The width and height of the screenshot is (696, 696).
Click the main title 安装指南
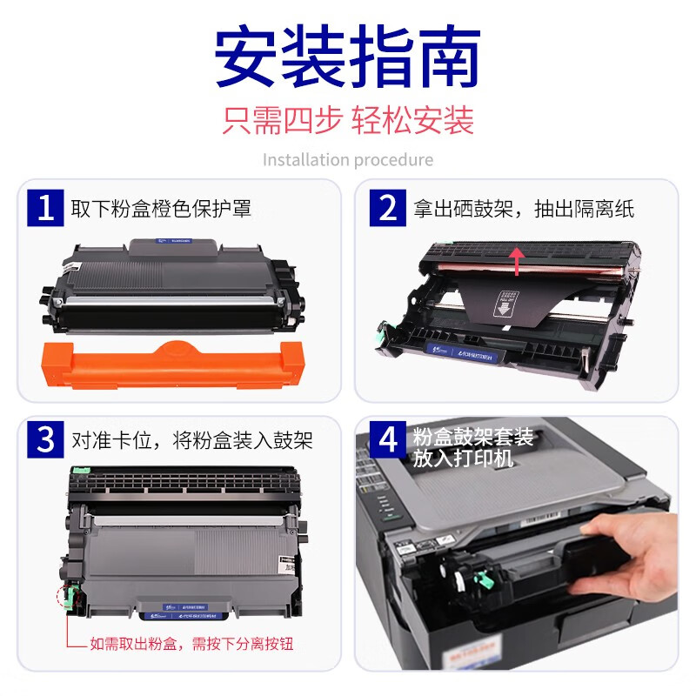tap(347, 59)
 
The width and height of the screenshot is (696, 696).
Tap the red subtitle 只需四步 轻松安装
tap(347, 120)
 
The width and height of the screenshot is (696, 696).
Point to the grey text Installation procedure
tap(347, 160)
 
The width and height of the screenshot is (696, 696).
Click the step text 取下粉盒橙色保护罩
tap(161, 209)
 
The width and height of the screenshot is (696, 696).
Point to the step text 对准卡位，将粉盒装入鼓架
tap(191, 440)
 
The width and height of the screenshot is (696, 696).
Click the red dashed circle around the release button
tap(62, 597)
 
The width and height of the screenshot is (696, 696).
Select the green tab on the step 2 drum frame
tap(382, 331)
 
